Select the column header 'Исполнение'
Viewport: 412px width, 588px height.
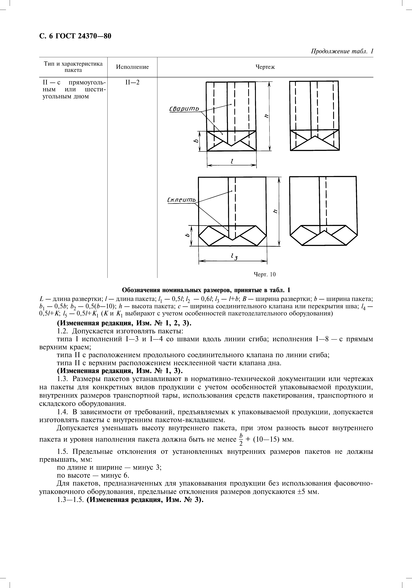(x=132, y=67)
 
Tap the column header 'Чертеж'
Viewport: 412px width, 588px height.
(x=265, y=67)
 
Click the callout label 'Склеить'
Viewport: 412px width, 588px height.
(x=181, y=200)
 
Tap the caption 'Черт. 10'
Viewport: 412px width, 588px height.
(x=265, y=275)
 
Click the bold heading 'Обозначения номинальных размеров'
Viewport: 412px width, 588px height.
(x=206, y=290)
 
